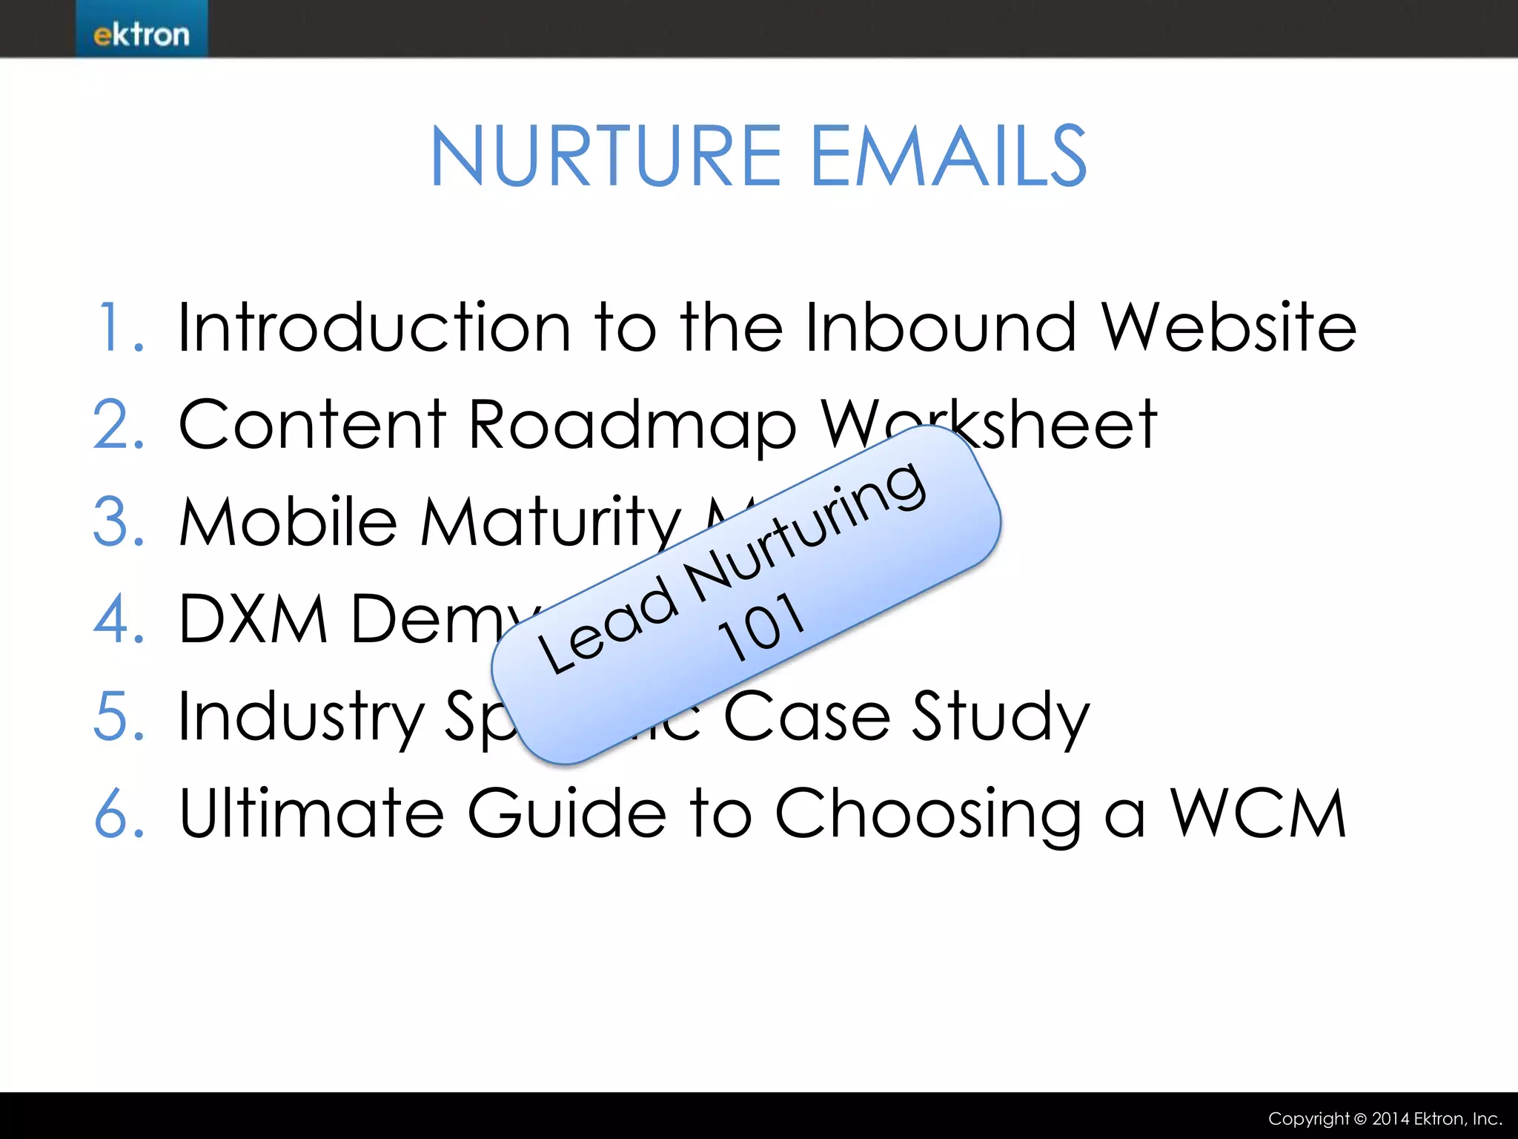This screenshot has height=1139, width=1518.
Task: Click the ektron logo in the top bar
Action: pos(141,33)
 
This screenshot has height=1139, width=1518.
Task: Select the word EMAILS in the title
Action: pos(949,156)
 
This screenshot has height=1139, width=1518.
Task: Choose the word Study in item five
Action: pos(1001,718)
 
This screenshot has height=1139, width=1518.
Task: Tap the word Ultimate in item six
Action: pos(311,813)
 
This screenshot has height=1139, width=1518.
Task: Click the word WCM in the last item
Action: pos(1258,813)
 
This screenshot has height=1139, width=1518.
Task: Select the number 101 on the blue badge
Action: pos(761,627)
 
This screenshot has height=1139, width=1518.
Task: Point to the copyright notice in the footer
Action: pos(1385,1118)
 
